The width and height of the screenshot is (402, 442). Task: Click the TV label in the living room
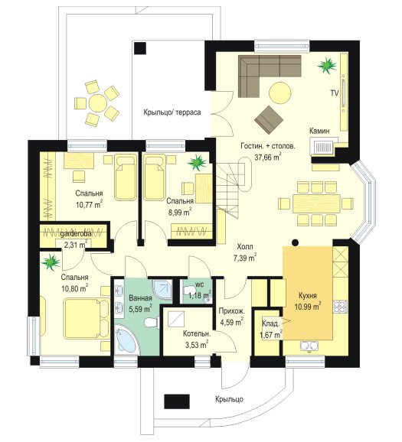coord(335,93)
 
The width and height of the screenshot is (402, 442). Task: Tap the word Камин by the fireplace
coord(319,131)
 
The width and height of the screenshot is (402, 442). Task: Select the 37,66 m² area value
coord(268,157)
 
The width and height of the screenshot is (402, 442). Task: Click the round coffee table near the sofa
coord(279,93)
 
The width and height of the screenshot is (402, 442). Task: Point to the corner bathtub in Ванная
coord(126,339)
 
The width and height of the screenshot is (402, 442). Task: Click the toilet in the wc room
coord(189,290)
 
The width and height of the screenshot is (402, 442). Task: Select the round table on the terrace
coord(98,103)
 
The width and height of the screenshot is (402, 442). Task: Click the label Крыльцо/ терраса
coord(172,112)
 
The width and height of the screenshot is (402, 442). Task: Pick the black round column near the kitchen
coord(295,242)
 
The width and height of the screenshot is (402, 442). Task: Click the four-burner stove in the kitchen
coord(340,307)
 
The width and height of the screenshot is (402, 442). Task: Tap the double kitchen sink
coord(309,346)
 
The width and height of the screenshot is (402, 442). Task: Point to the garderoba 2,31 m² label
coord(76,239)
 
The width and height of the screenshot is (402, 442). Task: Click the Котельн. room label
coord(197,334)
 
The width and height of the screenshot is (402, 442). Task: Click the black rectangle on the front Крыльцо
coord(177,401)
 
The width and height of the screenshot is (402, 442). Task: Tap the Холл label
coord(245,247)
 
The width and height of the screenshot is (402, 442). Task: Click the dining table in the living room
coord(316,203)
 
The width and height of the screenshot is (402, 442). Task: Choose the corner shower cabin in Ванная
coord(162,289)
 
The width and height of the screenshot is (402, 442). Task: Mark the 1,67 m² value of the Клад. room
coord(271,335)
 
